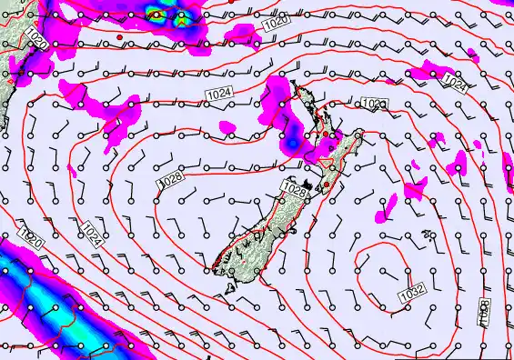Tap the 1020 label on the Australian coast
(x=35, y=38)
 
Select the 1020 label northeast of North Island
(x=374, y=105)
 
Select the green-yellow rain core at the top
(x=157, y=14)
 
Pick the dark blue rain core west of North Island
(x=290, y=143)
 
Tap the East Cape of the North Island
(x=361, y=133)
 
